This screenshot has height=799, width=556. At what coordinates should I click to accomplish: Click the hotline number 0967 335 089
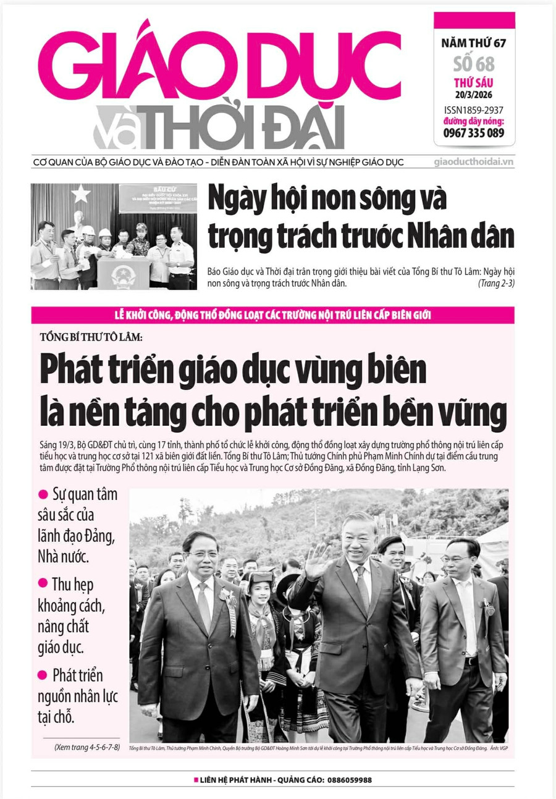[x=474, y=133]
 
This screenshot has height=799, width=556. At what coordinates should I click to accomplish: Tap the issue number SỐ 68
[x=474, y=63]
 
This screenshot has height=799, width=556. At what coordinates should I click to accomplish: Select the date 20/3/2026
[x=474, y=95]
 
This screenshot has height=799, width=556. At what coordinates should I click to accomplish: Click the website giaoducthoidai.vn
[x=474, y=163]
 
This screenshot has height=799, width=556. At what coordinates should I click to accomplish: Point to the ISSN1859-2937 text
[x=474, y=110]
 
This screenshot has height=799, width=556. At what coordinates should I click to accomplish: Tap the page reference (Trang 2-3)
[x=496, y=284]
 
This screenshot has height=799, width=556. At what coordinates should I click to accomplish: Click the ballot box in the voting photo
[x=124, y=271]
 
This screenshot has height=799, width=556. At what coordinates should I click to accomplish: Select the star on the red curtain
[x=80, y=194]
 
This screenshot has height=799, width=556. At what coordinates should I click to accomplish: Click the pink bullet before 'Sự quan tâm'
[x=43, y=494]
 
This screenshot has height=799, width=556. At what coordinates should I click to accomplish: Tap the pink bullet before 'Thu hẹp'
[x=43, y=583]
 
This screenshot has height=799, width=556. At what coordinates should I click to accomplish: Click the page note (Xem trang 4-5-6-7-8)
[x=87, y=746]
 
